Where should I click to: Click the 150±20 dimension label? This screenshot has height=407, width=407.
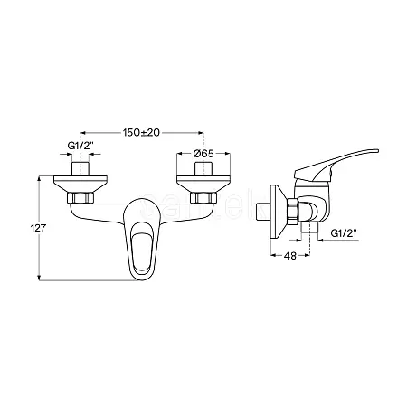[x=141, y=133]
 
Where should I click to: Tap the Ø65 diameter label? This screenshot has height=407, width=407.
[x=203, y=154]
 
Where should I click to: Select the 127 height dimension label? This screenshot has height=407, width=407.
[x=38, y=228]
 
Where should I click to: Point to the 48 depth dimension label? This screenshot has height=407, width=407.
[x=290, y=256]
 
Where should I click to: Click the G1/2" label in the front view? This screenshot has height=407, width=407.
[x=80, y=146]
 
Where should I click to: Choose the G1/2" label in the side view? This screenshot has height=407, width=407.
[x=344, y=233]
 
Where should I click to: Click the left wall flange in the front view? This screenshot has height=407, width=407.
[x=80, y=184]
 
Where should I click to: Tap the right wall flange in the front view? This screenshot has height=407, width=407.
[x=203, y=184]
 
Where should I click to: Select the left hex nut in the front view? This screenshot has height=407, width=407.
[x=80, y=198]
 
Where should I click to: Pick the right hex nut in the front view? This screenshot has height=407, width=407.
[x=203, y=198]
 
